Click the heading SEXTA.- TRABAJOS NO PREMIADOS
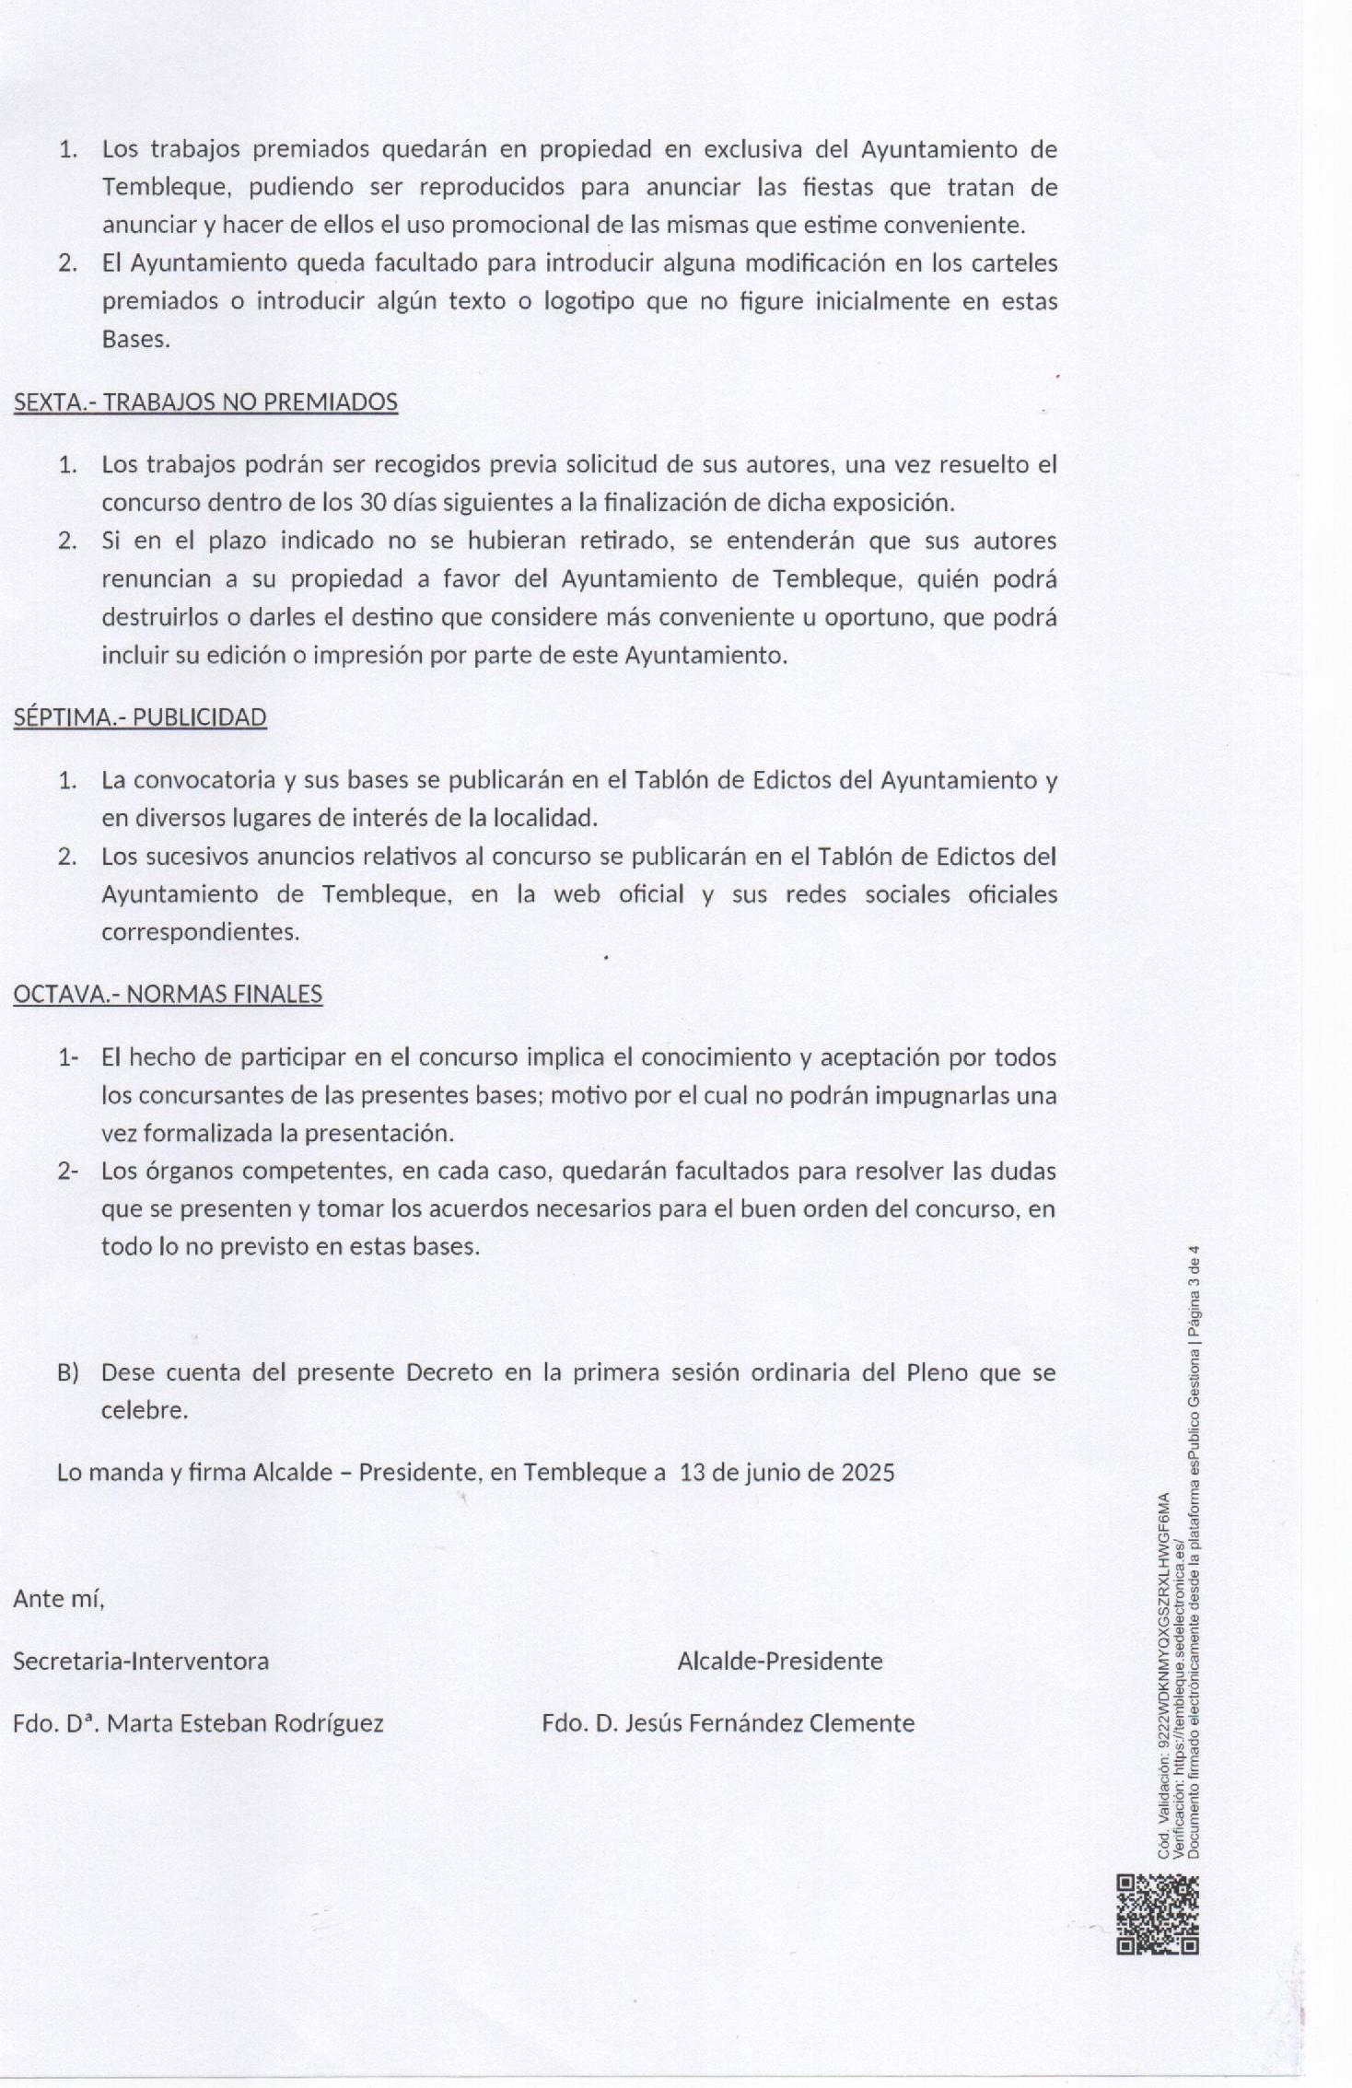click(x=205, y=402)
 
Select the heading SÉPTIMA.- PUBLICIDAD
click(x=140, y=717)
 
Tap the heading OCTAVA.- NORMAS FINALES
click(x=168, y=995)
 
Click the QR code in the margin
click(x=1158, y=1914)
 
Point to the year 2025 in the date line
click(x=868, y=1472)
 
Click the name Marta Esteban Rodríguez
click(x=245, y=1723)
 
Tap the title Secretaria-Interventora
click(x=141, y=1661)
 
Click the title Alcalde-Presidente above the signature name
click(x=779, y=1661)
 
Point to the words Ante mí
click(x=59, y=1599)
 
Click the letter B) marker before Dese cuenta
click(x=67, y=1372)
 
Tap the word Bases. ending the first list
click(x=135, y=340)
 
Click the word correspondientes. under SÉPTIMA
click(x=200, y=932)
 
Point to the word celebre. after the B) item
click(x=144, y=1410)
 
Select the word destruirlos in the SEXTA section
click(x=160, y=617)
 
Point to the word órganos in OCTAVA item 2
click(x=179, y=1172)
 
